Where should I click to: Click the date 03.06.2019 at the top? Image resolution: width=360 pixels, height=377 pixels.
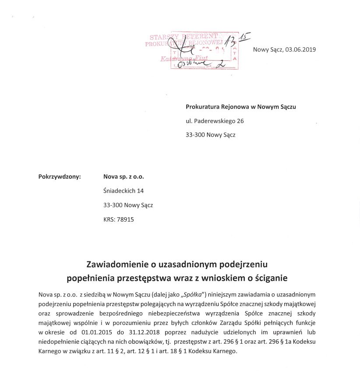(300, 49)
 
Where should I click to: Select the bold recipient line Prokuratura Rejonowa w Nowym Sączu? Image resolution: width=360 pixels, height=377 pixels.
(240, 107)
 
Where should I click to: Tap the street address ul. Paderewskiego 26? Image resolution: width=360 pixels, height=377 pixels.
(215, 121)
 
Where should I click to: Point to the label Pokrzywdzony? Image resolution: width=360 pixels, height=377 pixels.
(60, 177)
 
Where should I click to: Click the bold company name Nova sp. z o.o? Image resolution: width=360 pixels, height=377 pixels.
(124, 177)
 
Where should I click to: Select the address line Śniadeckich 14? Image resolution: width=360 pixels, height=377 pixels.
(124, 191)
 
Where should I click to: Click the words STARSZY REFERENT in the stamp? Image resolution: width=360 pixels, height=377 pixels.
(184, 37)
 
